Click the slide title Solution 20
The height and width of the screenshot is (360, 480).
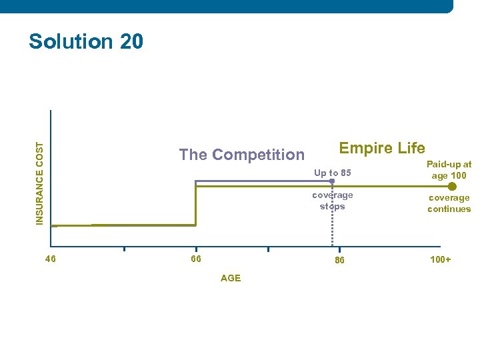[85, 41]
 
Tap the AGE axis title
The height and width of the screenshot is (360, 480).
[230, 278]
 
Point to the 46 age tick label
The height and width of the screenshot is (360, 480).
[50, 259]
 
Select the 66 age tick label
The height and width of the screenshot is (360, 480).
[195, 259]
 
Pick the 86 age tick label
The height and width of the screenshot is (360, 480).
[339, 260]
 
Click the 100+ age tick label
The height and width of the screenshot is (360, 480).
[440, 259]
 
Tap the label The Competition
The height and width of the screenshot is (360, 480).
[241, 155]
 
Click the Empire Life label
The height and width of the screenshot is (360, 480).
[382, 147]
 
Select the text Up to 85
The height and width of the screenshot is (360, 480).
[332, 173]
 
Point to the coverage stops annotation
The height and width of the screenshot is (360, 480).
[332, 201]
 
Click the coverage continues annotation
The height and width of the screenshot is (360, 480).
[449, 203]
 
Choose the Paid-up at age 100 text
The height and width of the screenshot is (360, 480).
[449, 170]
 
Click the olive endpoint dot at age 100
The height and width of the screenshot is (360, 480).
[452, 187]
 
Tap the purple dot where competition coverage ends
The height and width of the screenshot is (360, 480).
[332, 181]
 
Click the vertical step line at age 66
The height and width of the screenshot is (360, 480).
[195, 207]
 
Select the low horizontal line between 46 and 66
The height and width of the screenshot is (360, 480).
[123, 225]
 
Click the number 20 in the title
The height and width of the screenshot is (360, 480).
[131, 41]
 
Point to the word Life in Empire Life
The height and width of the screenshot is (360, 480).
[411, 147]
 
